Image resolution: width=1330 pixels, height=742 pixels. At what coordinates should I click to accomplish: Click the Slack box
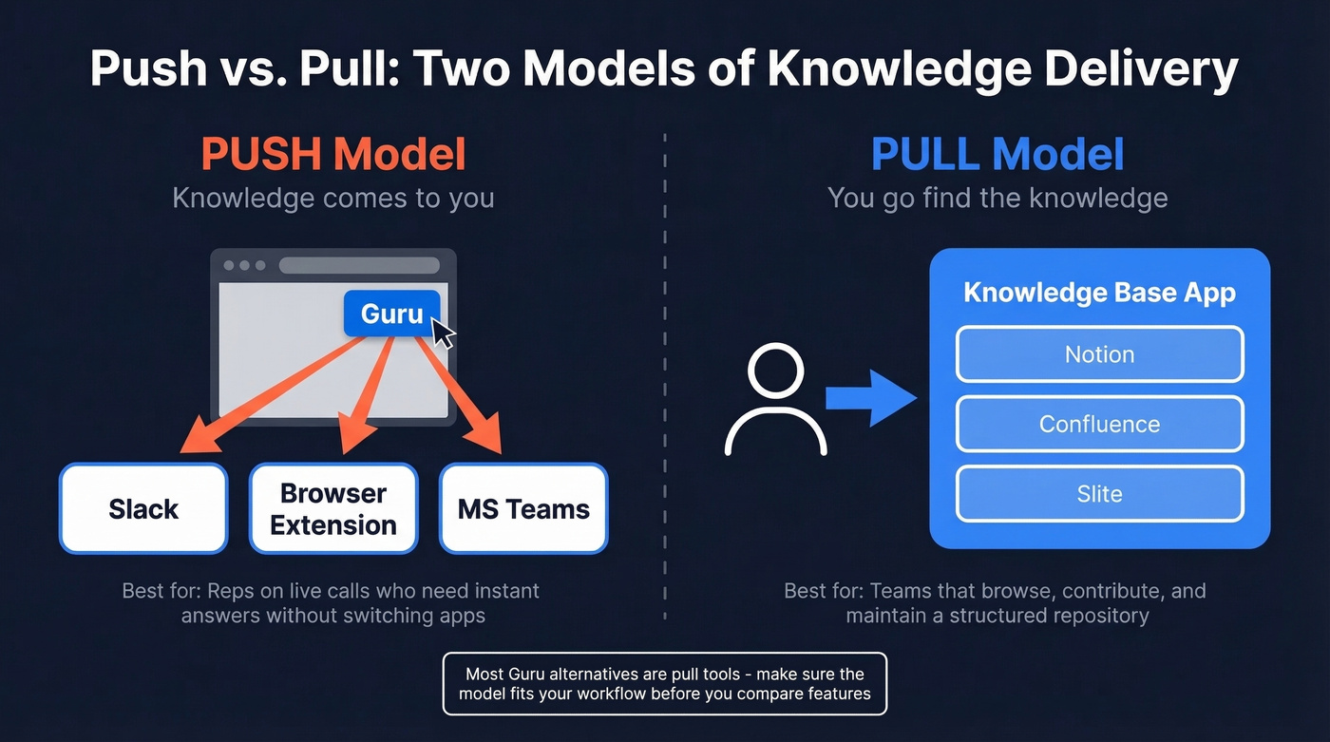coord(143,508)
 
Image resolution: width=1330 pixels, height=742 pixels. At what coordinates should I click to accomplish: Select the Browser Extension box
coord(333,508)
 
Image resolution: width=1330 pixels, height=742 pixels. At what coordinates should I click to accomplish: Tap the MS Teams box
coord(523,508)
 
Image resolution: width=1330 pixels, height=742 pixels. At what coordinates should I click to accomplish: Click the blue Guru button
coord(391,314)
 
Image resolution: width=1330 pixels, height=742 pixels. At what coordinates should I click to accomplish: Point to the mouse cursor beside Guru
coord(443,333)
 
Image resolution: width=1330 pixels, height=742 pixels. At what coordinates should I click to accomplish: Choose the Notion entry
coord(1099,354)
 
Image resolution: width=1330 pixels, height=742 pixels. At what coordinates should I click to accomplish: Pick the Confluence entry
coord(1099,424)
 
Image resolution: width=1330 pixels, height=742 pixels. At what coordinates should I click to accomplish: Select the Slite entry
coord(1099,494)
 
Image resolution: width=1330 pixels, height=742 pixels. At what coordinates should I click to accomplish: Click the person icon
coord(775,400)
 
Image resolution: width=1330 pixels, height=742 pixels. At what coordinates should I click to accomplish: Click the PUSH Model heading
coord(333,155)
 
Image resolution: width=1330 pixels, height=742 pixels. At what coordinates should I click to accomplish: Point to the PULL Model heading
coord(997,155)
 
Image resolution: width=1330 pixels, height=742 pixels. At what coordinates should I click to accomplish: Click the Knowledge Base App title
coord(1099,292)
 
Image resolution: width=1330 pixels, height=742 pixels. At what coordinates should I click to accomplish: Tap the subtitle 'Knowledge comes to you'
coord(333,199)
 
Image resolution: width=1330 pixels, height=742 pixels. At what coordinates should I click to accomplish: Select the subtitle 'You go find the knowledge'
coord(997,199)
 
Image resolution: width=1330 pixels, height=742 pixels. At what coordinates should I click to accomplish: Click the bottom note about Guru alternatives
coord(664,683)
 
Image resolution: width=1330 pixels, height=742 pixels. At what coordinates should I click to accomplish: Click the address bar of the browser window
coord(359,265)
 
